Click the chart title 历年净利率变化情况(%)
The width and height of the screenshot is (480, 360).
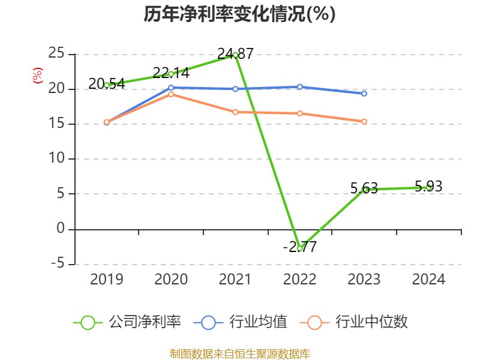point(239,14)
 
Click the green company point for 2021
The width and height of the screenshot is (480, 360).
point(235,55)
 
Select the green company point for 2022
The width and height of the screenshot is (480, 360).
point(299,248)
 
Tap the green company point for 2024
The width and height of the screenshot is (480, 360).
point(428,187)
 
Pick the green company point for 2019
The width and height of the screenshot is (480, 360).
point(107,85)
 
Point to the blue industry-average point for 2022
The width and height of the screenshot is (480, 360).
point(299,87)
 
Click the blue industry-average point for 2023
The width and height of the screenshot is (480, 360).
point(364,94)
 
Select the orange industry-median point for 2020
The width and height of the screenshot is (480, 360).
point(171,94)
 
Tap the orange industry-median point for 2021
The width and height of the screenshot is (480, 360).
point(235,112)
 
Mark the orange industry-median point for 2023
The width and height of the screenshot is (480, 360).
point(364,121)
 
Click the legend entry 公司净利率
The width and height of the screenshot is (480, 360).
point(127,322)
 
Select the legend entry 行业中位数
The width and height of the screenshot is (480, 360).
point(358,322)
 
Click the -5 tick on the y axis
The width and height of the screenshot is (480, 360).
point(56,263)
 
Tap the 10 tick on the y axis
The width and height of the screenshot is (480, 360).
point(56,159)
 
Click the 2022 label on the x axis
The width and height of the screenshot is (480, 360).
point(299,280)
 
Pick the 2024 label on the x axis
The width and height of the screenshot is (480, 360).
point(428,280)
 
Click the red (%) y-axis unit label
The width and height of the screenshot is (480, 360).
point(38,76)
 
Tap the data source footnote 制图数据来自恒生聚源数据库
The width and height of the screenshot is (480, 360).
point(239,353)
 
